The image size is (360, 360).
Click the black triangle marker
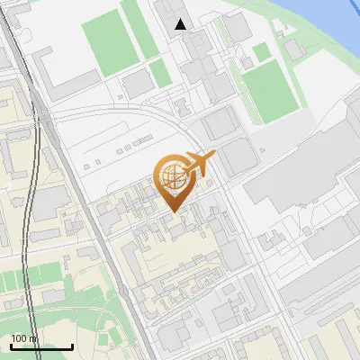coord(182,24)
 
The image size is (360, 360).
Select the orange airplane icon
coord(199,163)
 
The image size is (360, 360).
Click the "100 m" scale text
coord(24,338)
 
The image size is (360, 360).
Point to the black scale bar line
coord(41,346)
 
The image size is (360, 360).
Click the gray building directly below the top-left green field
coord(137,85)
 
